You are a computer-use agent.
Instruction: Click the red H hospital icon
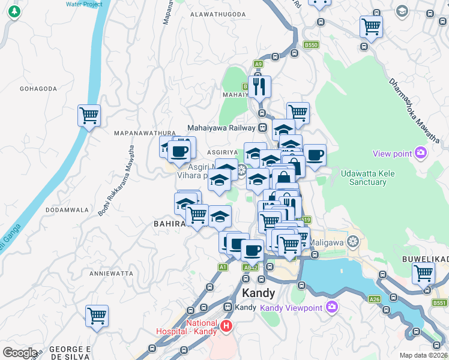[x=226, y=326]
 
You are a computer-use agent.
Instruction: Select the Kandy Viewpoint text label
[x=291, y=308]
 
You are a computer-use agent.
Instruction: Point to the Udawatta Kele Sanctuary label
[x=363, y=178]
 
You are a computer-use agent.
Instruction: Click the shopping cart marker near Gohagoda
[x=89, y=115]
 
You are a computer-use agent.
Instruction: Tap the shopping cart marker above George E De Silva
[x=97, y=315]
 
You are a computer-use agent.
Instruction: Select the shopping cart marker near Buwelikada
[x=423, y=273]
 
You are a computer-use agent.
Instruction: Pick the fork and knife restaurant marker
[x=259, y=86]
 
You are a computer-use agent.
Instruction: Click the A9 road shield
[x=258, y=64]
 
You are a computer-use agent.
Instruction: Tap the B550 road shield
[x=310, y=45]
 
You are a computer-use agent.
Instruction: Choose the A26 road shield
[x=375, y=299]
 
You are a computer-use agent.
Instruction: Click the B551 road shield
[x=439, y=303]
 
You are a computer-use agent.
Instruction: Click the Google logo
[x=20, y=353]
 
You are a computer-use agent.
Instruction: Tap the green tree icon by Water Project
[x=14, y=13]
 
